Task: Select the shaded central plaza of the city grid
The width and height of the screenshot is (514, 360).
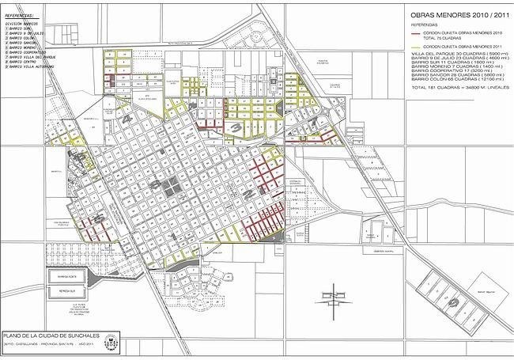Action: click(x=168, y=184)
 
